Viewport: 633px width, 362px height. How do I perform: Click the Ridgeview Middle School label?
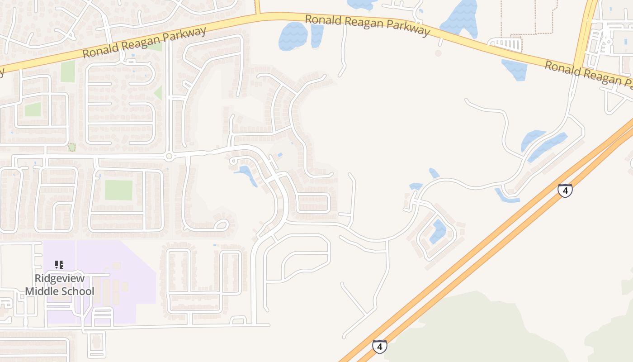click(60, 285)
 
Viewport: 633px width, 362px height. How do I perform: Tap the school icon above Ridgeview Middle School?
click(59, 264)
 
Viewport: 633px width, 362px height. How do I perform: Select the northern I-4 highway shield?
click(565, 190)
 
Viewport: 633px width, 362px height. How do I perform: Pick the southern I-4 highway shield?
click(379, 347)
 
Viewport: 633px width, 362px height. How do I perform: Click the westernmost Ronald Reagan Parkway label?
click(144, 42)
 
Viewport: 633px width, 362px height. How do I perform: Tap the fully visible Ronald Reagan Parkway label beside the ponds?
click(367, 25)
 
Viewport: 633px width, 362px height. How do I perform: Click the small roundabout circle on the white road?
click(169, 157)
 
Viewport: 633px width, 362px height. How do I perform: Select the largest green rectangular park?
click(118, 190)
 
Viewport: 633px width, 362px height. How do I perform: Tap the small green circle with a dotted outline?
click(71, 148)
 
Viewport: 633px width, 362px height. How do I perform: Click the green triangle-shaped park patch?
click(158, 93)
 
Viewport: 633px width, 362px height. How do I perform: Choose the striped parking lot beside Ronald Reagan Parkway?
click(505, 44)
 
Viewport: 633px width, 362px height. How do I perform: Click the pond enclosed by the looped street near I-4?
click(438, 231)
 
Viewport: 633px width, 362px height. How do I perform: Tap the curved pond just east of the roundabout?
click(247, 174)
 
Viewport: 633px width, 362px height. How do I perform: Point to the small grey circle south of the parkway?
click(438, 53)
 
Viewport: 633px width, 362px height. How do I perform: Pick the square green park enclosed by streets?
click(33, 109)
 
